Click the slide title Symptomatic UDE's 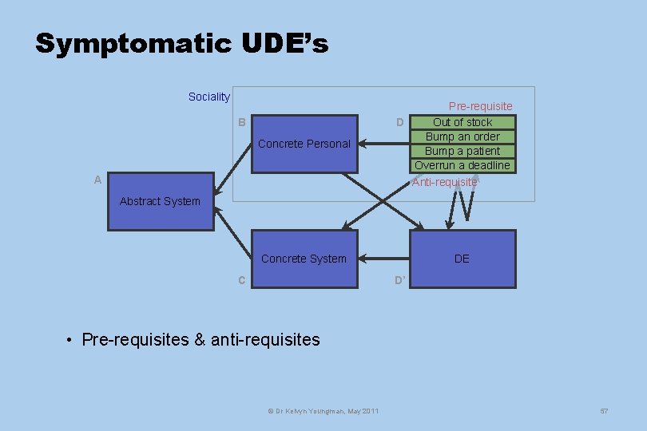[x=181, y=44]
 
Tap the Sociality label [x=208, y=97]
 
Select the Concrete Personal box [x=304, y=144]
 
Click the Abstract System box [x=161, y=201]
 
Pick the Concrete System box [x=304, y=259]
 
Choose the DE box [x=462, y=259]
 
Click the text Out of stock [x=462, y=122]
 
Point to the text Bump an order [x=462, y=136]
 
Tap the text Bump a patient [x=462, y=151]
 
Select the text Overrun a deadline [x=462, y=165]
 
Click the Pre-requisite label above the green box [x=480, y=106]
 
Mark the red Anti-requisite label [x=444, y=182]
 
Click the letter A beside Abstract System [x=97, y=180]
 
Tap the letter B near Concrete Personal [x=241, y=123]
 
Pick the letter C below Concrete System [x=241, y=280]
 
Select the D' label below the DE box [x=400, y=280]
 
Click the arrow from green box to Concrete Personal [x=383, y=144]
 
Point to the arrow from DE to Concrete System [x=383, y=259]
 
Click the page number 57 [x=604, y=410]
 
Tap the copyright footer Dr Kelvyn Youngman [x=323, y=410]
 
